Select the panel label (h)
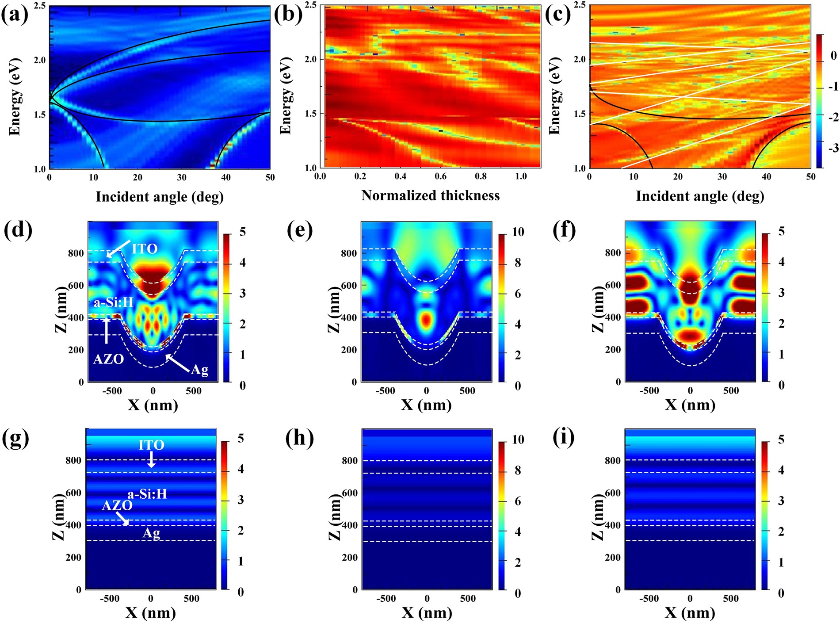299,438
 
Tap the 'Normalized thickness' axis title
430,195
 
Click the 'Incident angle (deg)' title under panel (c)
700,196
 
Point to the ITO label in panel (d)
145,249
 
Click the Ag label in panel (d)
200,369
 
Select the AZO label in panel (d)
108,359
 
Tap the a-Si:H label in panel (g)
147,493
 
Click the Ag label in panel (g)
151,533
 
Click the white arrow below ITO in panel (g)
151,459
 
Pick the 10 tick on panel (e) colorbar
518,232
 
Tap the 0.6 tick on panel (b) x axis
440,176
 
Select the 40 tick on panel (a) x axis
225,177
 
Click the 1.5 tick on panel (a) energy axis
39,115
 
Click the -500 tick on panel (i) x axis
649,599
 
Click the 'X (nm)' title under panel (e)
426,405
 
